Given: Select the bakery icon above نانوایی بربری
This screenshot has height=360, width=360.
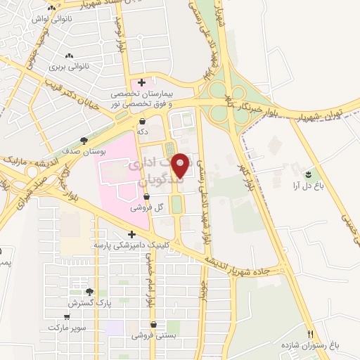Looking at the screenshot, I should [68, 56].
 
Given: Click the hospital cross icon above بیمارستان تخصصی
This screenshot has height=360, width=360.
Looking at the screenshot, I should [143, 83].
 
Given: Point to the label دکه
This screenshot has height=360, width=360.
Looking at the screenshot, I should [143, 131].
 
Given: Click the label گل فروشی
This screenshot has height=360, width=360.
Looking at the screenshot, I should [148, 208].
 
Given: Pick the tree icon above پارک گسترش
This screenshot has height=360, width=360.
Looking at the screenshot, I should [89, 292].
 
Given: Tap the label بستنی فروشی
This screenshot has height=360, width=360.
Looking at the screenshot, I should [153, 336].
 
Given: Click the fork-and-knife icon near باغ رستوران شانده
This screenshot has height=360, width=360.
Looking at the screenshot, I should [311, 333].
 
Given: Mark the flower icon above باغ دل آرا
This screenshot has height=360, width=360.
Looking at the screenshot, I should [308, 173].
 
